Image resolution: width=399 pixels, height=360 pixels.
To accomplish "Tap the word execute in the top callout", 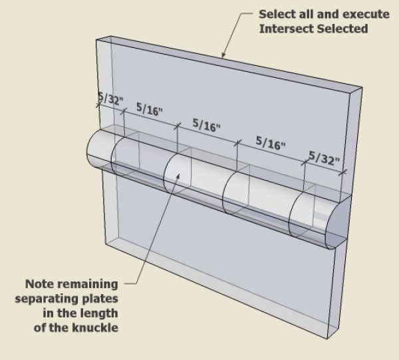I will [355, 13].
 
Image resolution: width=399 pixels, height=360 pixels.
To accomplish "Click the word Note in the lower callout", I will [39, 284].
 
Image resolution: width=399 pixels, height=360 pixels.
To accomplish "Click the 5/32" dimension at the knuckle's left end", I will [110, 100].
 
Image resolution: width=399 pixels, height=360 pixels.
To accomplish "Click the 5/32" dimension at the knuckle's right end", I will [324, 160].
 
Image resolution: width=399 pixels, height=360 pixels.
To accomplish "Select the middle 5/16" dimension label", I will [206, 125].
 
